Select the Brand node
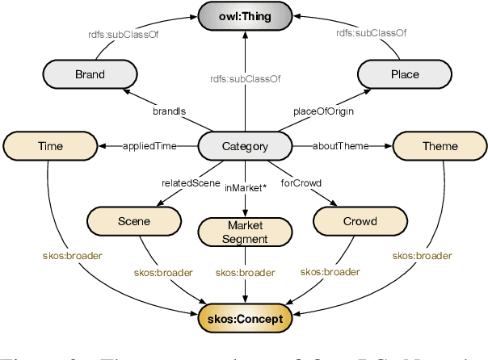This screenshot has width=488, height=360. click(x=90, y=74)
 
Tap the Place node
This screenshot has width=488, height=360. click(x=405, y=74)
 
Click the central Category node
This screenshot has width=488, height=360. click(x=244, y=146)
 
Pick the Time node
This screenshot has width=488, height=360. click(x=50, y=146)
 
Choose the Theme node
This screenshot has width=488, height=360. click(x=440, y=146)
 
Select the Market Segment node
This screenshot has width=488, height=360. click(x=244, y=232)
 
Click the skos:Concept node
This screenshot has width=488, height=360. click(x=244, y=319)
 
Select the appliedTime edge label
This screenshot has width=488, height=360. click(x=148, y=146)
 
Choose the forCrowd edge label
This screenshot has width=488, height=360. click(x=301, y=182)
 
